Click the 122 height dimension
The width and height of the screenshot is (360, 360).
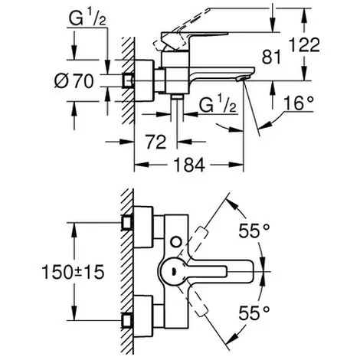click(304, 45)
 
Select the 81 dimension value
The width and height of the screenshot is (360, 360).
click(271, 57)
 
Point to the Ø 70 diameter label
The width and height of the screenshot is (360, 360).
click(74, 81)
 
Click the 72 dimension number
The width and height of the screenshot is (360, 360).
click(156, 142)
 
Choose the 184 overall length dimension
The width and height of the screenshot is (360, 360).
click(189, 165)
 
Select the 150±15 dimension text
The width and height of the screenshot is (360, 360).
click(73, 272)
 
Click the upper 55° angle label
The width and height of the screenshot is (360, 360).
click(254, 231)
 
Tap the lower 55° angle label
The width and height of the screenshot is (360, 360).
click(254, 313)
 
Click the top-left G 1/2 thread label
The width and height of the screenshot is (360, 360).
click(87, 18)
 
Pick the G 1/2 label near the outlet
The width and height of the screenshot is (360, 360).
click(218, 105)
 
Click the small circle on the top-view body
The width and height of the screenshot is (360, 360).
click(176, 241)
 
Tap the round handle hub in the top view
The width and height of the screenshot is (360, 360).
click(174, 271)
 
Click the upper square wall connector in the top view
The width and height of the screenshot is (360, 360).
click(127, 223)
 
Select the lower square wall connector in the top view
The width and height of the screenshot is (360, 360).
click(127, 321)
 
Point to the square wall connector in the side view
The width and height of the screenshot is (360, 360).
click(128, 81)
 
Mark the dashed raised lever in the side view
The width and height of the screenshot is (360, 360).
click(182, 29)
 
